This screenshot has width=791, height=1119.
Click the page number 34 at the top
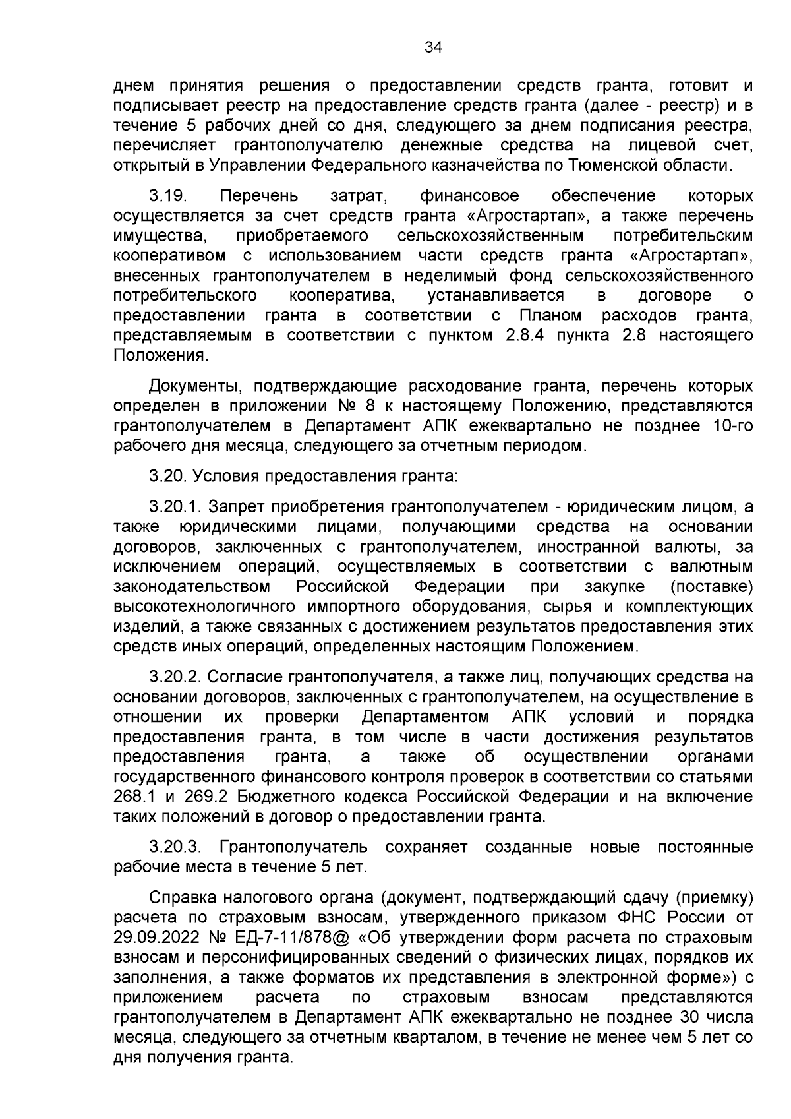tap(433, 47)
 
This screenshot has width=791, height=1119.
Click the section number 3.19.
tap(169, 196)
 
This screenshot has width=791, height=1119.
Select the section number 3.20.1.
tap(174, 507)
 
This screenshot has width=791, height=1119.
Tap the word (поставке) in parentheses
tap(711, 586)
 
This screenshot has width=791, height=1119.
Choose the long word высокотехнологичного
tap(205, 606)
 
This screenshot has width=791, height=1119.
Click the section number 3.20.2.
tap(174, 677)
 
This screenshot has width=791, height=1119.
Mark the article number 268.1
tap(134, 797)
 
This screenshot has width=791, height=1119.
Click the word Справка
tap(183, 897)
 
